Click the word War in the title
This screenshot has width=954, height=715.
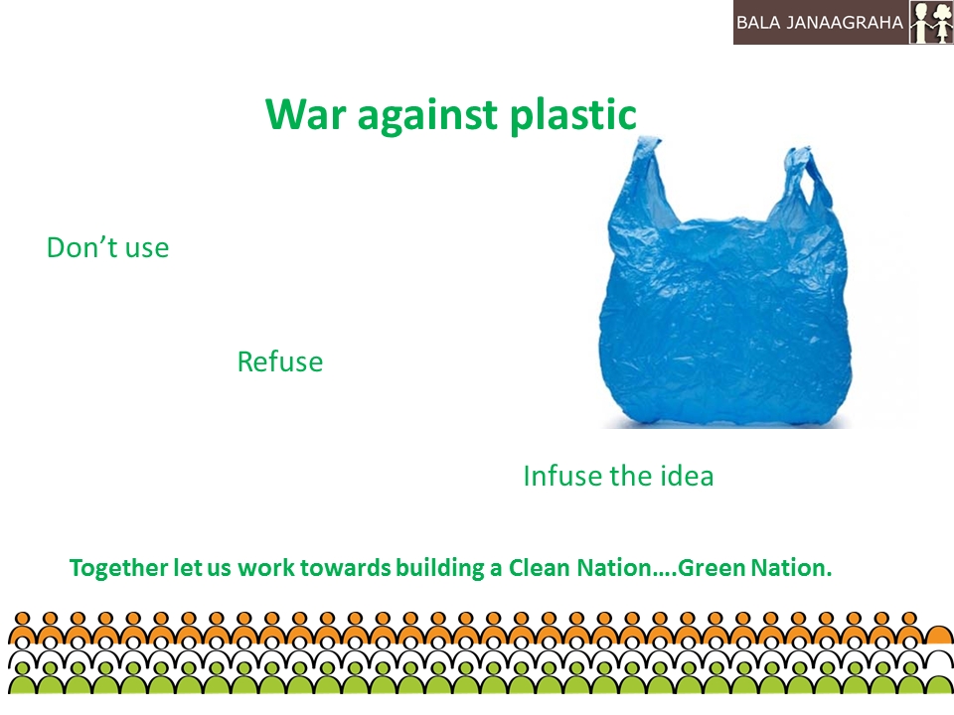coord(305,113)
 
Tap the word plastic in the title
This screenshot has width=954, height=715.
coord(573,115)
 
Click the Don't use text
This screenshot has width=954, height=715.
coord(107,248)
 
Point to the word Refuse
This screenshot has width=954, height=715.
coord(280,361)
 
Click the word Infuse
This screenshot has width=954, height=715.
coord(562,476)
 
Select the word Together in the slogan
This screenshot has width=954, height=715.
coord(118,568)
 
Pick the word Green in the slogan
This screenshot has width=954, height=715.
coord(712,568)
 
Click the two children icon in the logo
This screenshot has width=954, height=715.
coord(931,23)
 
